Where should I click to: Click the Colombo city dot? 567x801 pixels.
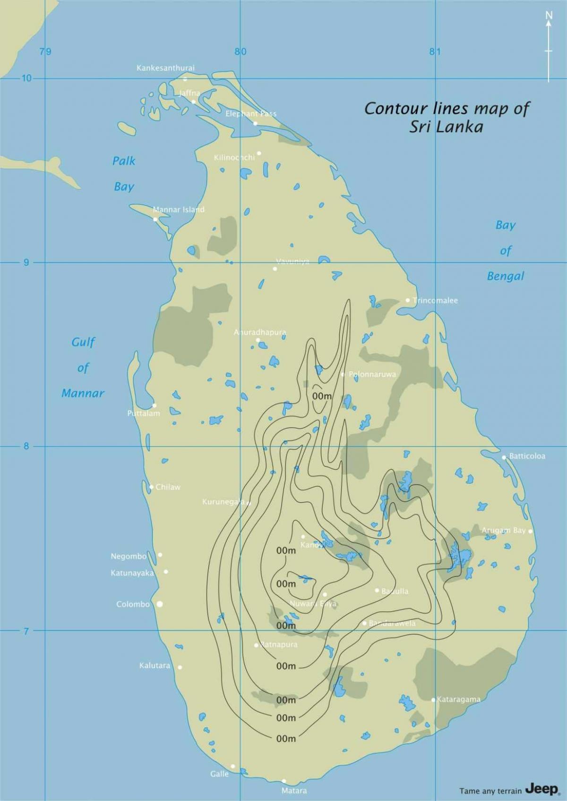coord(160,604)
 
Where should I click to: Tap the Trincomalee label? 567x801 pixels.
coord(435,300)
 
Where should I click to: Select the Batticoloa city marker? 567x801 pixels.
coord(504,457)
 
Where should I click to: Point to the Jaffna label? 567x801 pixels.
coord(189,93)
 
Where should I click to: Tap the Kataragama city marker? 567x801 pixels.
coord(433,700)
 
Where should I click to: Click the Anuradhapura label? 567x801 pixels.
coord(260,332)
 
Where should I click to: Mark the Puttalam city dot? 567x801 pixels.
coord(155,405)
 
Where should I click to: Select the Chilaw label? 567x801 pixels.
coord(168,487)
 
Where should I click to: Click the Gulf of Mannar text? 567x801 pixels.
coord(83,367)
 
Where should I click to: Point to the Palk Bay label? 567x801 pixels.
coord(124,174)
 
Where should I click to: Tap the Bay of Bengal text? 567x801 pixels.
coord(506,251)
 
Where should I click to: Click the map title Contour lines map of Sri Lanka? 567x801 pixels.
coord(447,117)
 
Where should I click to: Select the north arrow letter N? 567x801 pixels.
coord(549,16)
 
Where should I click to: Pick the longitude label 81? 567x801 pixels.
coord(435,51)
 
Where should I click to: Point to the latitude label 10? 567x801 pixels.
coord(26,78)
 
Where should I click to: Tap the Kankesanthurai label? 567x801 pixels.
coord(165,68)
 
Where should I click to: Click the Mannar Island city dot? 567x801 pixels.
coord(155,219)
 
